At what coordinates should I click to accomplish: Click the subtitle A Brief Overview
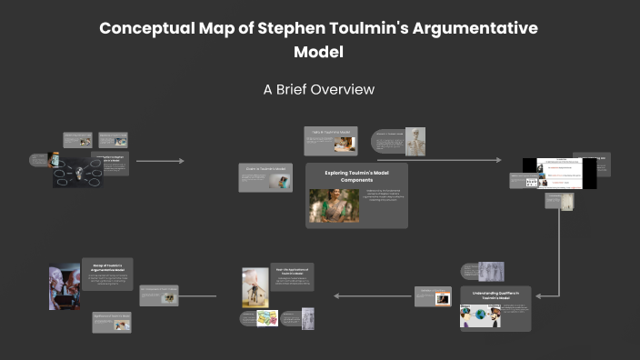click(x=319, y=90)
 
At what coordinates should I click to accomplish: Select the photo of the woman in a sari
click(x=334, y=205)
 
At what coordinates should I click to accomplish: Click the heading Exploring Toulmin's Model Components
click(x=355, y=175)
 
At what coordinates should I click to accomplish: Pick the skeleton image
click(x=415, y=141)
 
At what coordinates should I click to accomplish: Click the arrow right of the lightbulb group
click(x=160, y=161)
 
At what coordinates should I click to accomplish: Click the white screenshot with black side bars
click(x=559, y=173)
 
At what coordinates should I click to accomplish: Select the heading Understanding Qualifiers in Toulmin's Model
click(x=495, y=295)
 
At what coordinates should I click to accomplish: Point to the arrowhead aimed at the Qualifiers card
click(x=540, y=295)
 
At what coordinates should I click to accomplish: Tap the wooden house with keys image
click(x=255, y=287)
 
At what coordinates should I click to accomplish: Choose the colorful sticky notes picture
click(x=266, y=318)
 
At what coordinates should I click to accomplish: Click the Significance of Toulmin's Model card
click(x=111, y=321)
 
